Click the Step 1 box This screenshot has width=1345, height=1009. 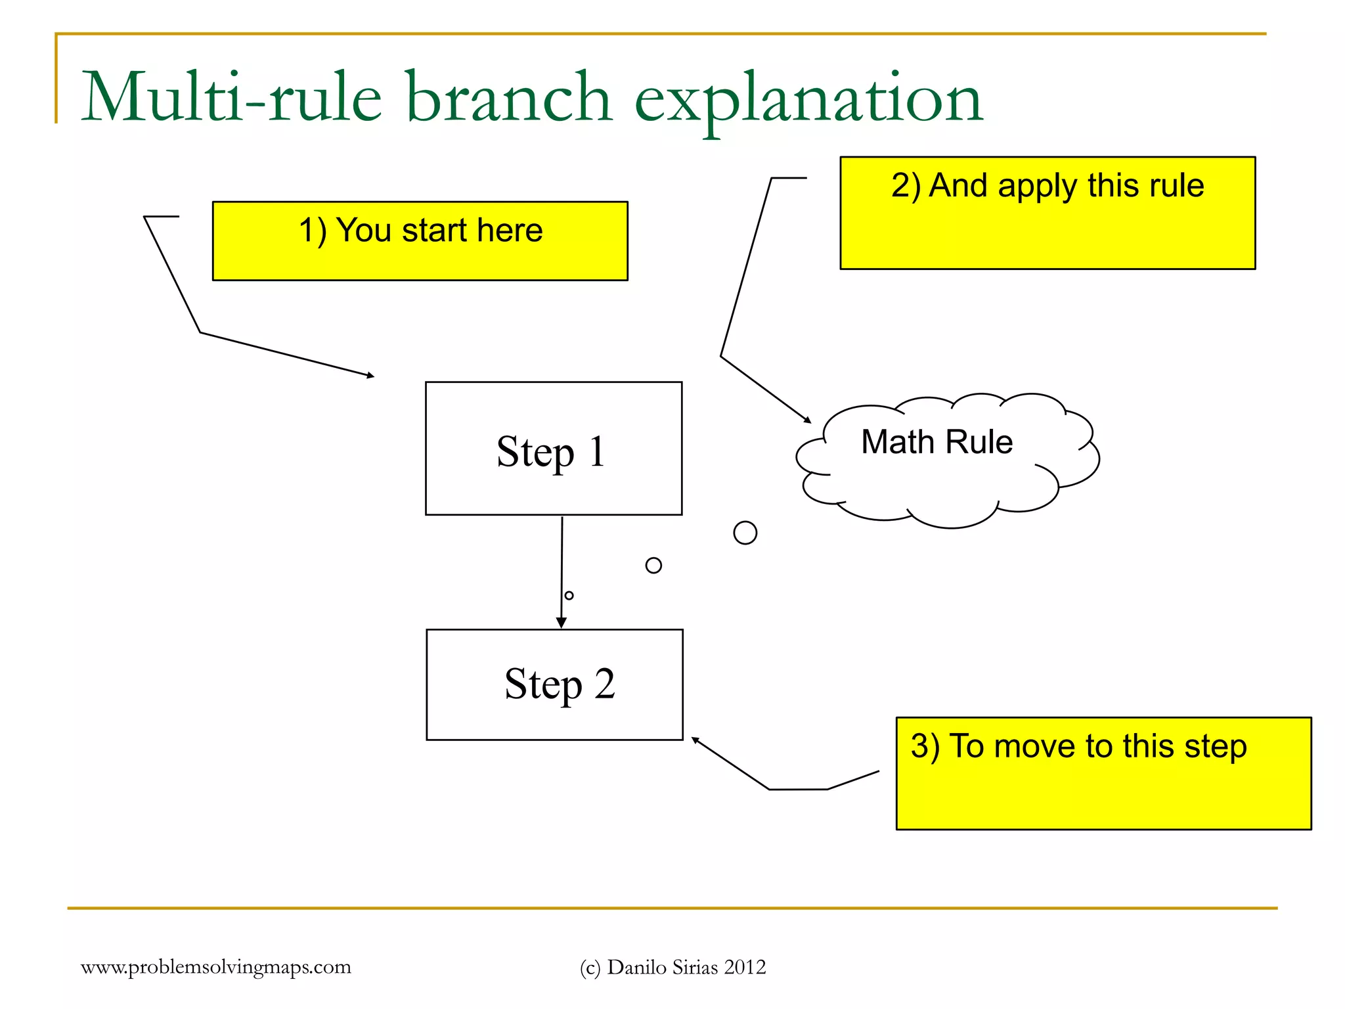(x=554, y=449)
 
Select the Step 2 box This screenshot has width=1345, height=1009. (x=554, y=684)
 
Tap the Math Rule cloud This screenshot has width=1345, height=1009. (x=946, y=460)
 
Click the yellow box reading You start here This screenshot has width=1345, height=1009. (x=420, y=241)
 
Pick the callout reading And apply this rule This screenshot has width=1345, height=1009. (x=1047, y=213)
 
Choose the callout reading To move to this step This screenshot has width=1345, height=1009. (x=1103, y=773)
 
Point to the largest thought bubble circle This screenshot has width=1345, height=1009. (x=745, y=533)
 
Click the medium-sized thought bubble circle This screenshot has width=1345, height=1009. (x=653, y=566)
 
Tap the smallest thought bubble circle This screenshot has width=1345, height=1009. (x=569, y=596)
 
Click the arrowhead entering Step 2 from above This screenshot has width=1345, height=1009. (x=562, y=623)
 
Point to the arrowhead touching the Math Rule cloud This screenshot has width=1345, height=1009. (x=808, y=420)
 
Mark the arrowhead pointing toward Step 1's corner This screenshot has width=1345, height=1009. (x=371, y=376)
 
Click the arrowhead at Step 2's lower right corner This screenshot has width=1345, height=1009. (x=695, y=741)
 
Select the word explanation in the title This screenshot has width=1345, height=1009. (x=808, y=99)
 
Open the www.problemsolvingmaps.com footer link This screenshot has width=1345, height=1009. (x=216, y=967)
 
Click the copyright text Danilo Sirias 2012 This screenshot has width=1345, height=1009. (x=686, y=968)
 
